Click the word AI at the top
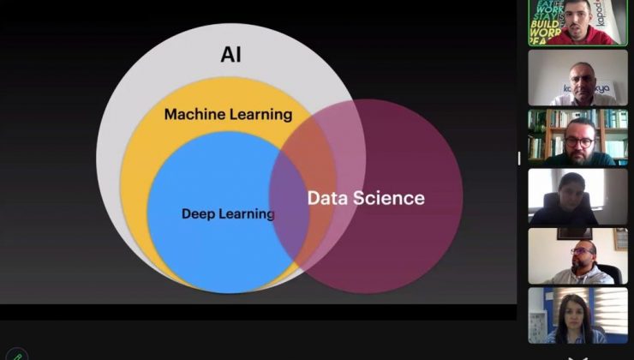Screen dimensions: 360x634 pyautogui.click(x=231, y=55)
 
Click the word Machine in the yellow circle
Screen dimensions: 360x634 pyautogui.click(x=194, y=114)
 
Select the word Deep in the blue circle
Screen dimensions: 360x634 pyautogui.click(x=198, y=213)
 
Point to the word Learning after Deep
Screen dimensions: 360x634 pyautogui.click(x=246, y=213)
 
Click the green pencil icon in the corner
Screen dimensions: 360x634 pyautogui.click(x=16, y=354)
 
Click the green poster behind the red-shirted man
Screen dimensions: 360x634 pyautogui.click(x=544, y=21)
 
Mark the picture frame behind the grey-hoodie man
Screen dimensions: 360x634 pyautogui.click(x=571, y=232)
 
